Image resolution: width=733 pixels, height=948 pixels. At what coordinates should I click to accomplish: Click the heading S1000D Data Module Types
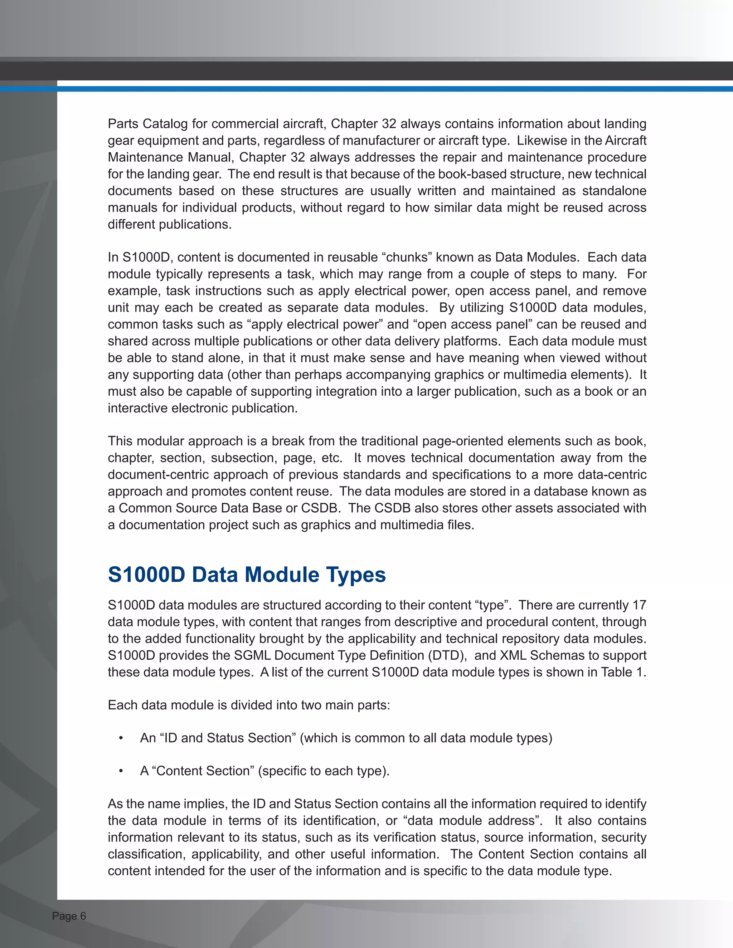246,575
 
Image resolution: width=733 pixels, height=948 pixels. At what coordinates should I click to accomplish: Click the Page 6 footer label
69,916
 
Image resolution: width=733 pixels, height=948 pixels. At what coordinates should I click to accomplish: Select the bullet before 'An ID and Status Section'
121,738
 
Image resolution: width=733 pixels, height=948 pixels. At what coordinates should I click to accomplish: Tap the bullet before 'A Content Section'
121,771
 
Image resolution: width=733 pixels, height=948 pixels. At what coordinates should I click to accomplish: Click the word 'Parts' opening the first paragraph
123,124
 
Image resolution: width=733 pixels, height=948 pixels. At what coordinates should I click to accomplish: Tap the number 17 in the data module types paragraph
639,605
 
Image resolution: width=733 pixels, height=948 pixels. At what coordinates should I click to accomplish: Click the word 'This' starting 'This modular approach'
120,441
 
